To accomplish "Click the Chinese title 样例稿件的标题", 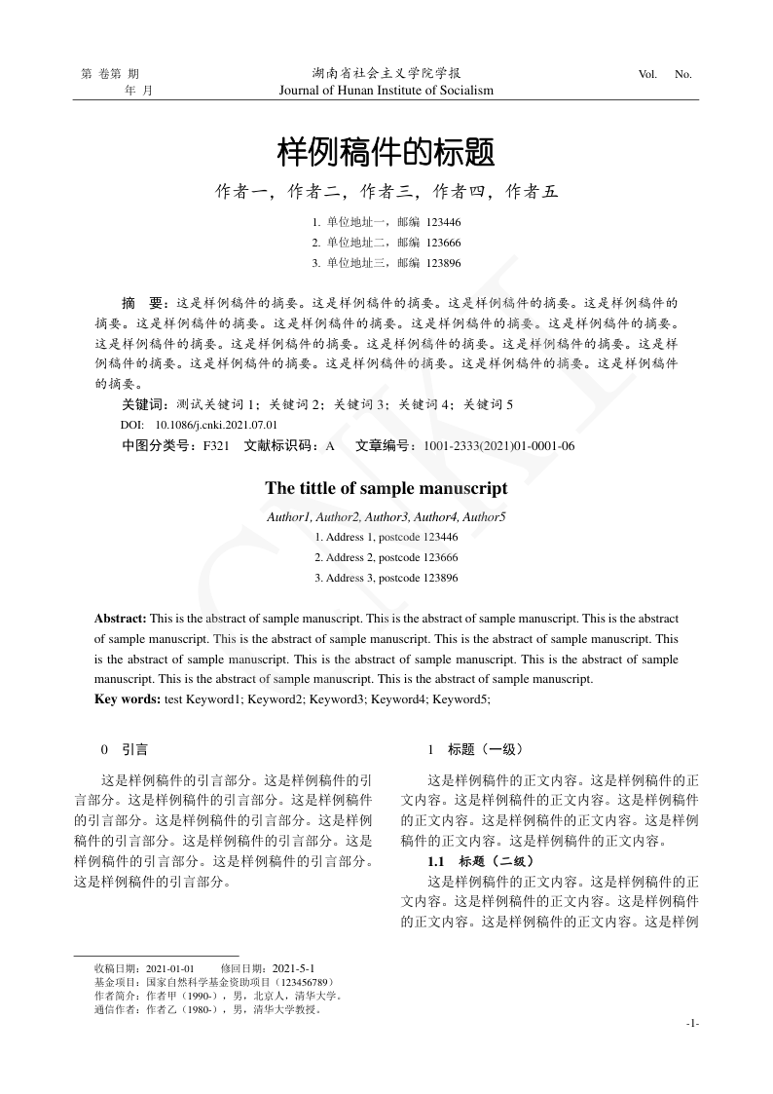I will [386, 152].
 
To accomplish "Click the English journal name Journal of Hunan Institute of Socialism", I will [386, 91].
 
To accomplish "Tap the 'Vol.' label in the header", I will [647, 74].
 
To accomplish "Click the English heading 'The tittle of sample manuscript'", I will [386, 488].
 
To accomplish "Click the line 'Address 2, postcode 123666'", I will [386, 557].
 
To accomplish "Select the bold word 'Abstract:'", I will [121, 619].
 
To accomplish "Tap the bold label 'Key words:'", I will [128, 698].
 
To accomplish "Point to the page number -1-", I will [692, 1023].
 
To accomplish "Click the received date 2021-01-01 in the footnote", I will [170, 969].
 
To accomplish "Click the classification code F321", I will [215, 446].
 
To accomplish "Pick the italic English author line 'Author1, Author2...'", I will [386, 516].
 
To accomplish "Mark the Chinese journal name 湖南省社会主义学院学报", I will [386, 73].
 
